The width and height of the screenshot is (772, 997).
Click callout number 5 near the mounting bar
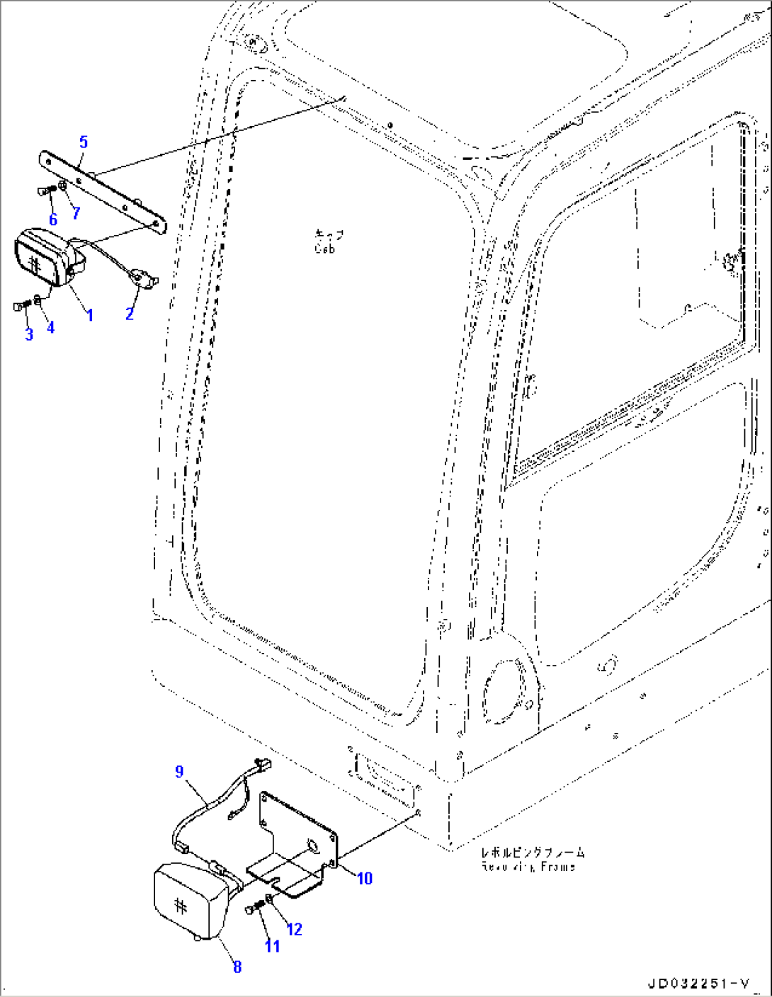(x=84, y=142)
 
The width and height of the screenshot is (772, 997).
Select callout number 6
(x=53, y=220)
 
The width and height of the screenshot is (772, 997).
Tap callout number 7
(x=76, y=212)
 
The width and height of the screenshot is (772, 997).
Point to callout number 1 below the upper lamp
(x=89, y=314)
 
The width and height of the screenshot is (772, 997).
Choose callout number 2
(x=130, y=314)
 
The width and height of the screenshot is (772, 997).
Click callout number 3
(x=29, y=334)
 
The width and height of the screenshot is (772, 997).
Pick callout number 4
(x=50, y=328)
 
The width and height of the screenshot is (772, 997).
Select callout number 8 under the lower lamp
(x=237, y=967)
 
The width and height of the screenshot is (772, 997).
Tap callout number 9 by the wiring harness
(x=179, y=771)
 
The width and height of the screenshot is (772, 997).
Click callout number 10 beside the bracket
(x=364, y=879)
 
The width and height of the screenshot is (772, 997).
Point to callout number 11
(x=273, y=946)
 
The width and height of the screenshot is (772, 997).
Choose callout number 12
(x=295, y=929)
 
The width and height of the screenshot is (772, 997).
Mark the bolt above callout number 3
(x=21, y=305)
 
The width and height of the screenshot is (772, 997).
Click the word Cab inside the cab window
(x=324, y=249)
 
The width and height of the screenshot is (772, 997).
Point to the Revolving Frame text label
(x=528, y=867)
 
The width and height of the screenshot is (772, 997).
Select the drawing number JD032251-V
(x=698, y=984)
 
